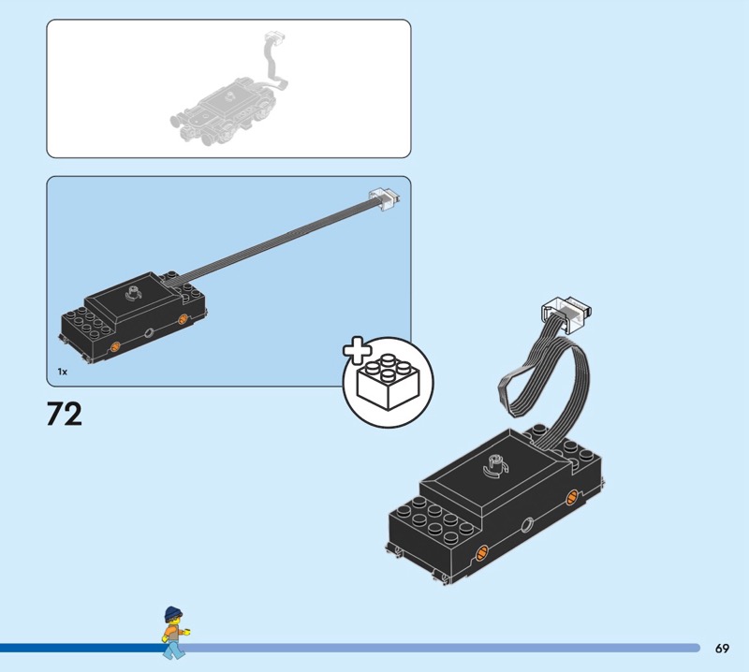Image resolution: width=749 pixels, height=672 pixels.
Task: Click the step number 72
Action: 65,413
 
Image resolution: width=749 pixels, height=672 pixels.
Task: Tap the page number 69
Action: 722,648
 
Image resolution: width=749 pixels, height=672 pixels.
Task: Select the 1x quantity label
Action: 62,373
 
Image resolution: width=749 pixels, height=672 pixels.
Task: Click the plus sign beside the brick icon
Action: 356,352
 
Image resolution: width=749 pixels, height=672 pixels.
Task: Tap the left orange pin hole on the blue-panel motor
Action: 114,348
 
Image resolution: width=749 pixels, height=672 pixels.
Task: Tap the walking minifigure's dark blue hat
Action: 172,613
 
